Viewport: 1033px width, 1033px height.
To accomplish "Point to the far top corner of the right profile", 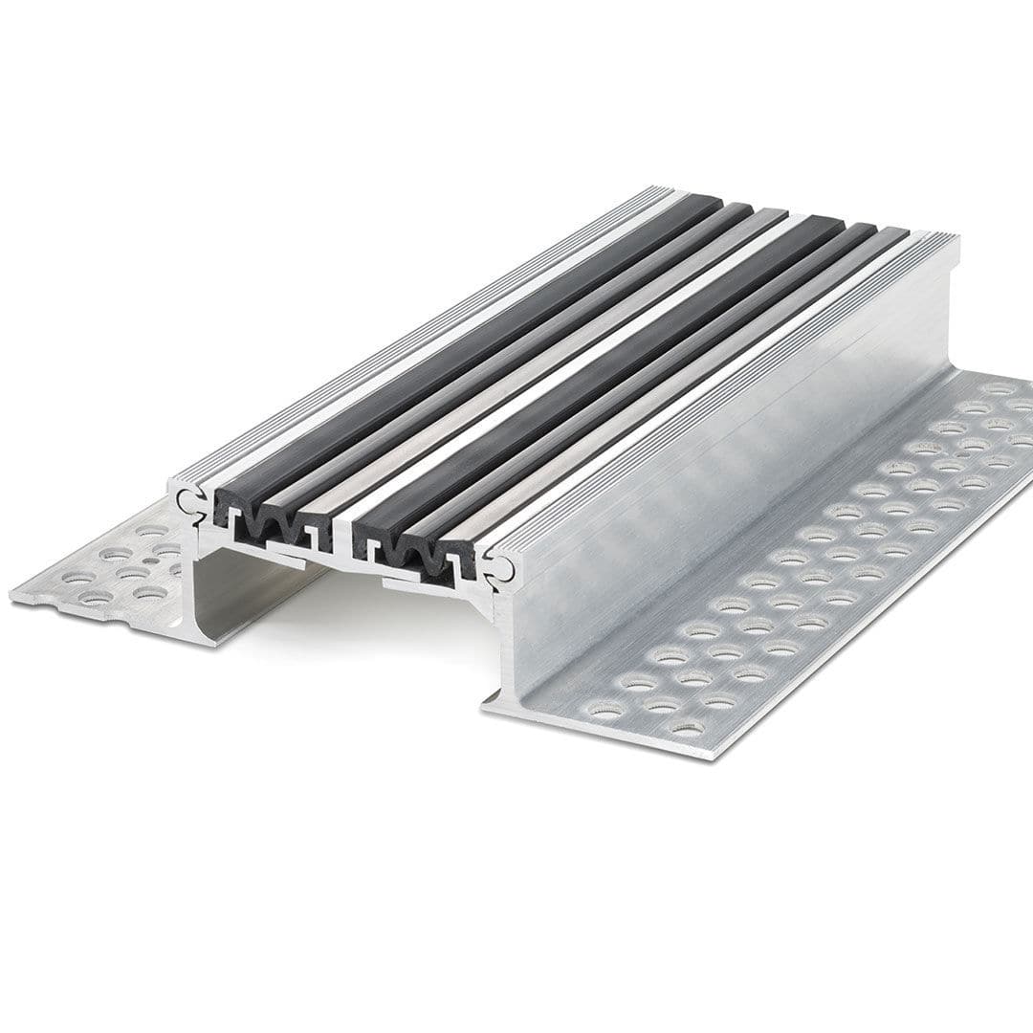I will pyautogui.click(x=955, y=239).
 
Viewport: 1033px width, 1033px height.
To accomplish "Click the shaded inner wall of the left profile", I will pyautogui.click(x=239, y=593).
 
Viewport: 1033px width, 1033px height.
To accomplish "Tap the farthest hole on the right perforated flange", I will pyautogui.click(x=1000, y=388).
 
